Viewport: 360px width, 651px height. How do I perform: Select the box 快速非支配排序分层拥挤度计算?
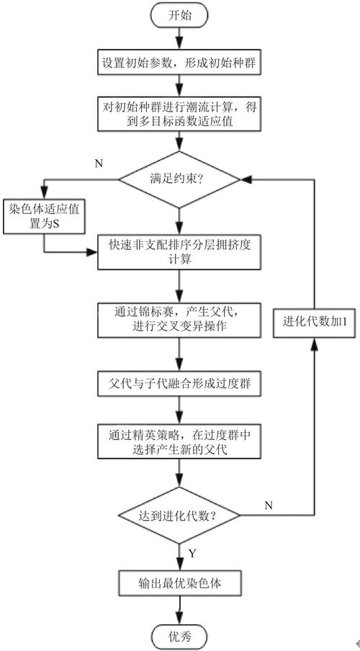179,252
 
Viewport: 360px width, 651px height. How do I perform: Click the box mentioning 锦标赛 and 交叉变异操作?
179,317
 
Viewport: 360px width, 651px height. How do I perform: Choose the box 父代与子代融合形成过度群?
179,381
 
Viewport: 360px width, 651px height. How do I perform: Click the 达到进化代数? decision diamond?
179,515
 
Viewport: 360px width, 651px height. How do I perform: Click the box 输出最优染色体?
179,582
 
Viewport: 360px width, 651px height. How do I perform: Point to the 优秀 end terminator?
179,637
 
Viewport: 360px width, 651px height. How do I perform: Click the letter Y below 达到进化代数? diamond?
191,554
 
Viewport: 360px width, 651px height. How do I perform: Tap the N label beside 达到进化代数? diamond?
268,505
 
